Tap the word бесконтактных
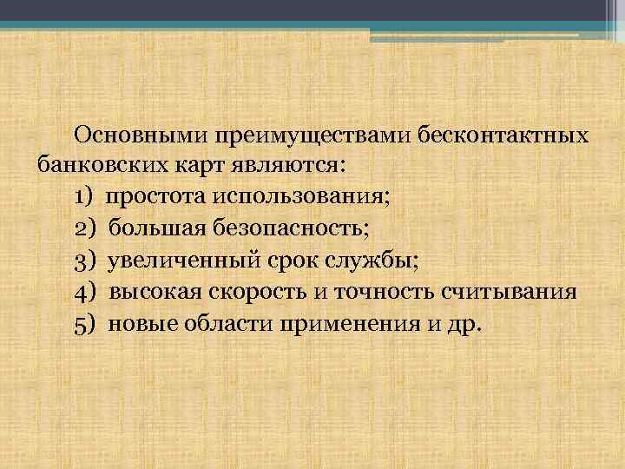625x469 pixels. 503,135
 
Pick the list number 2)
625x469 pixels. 85,228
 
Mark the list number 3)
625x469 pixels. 85,259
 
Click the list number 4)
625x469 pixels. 85,291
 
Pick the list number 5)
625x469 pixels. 85,323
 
